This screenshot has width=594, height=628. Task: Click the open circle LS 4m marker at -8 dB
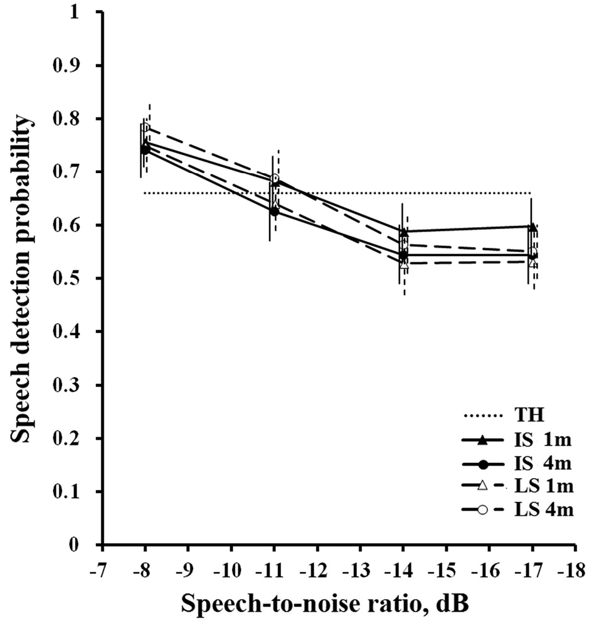(146, 127)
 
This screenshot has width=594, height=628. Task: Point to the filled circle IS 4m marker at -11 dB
(274, 211)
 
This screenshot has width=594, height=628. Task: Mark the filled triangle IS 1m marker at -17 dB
(532, 227)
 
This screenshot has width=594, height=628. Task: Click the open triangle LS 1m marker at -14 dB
(404, 265)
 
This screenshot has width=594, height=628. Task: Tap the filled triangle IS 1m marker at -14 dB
(403, 232)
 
